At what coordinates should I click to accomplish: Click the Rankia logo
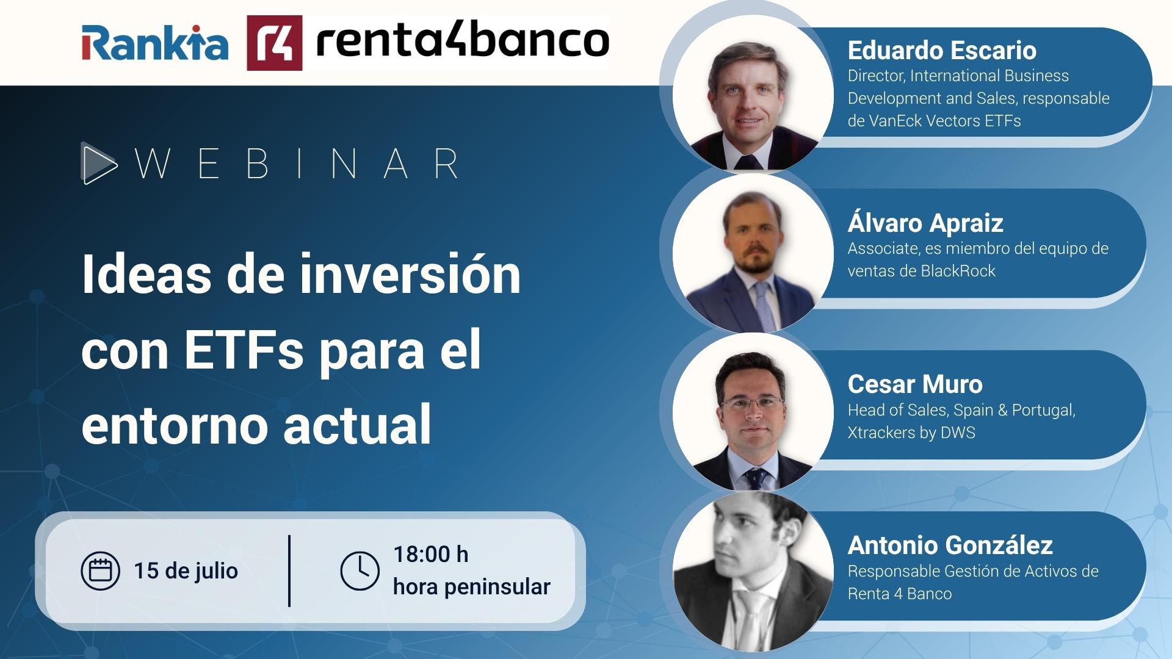coord(155,43)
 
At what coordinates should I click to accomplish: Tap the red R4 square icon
coord(274,43)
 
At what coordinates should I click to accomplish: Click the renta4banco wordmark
coord(462,40)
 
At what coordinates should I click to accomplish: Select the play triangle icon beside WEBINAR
coord(98,164)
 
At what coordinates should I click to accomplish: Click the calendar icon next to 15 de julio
coord(100,571)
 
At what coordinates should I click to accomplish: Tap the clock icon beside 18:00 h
coord(360,571)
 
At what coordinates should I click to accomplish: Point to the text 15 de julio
coord(186,571)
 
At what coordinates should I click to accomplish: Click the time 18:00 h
coord(431,554)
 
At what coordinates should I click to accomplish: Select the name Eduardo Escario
coord(942,50)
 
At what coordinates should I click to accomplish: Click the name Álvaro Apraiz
coord(925,223)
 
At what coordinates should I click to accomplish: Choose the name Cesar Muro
coord(915,384)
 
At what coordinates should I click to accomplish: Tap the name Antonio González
coord(950,545)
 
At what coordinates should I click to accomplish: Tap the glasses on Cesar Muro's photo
coord(752,402)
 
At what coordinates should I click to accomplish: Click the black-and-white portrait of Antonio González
coord(752,572)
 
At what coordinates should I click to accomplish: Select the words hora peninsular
coord(471,587)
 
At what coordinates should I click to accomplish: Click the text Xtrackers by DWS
coord(911,433)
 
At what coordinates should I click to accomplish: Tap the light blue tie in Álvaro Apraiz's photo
coord(762,302)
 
